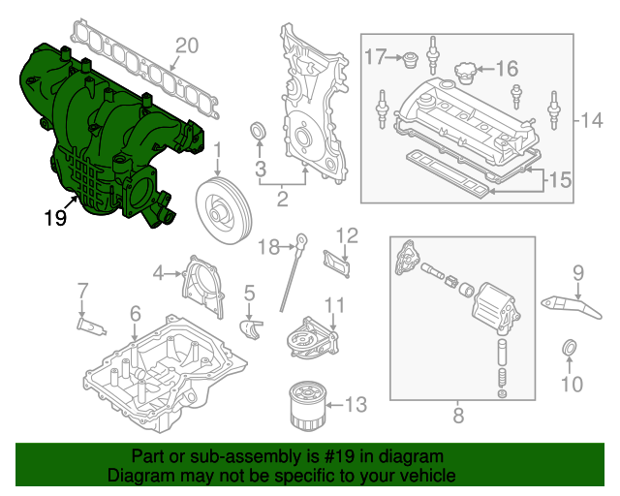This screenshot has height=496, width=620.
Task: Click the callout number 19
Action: point(55,218)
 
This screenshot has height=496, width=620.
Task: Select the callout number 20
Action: point(186,45)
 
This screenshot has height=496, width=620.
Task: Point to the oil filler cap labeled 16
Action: point(465,73)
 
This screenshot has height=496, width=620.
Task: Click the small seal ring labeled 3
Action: point(260,132)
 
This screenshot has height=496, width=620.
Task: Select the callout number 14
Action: point(592,120)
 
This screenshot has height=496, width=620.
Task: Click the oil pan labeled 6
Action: point(160,373)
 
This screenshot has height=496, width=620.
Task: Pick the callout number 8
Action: point(458,416)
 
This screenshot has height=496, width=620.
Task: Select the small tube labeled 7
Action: point(90,324)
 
